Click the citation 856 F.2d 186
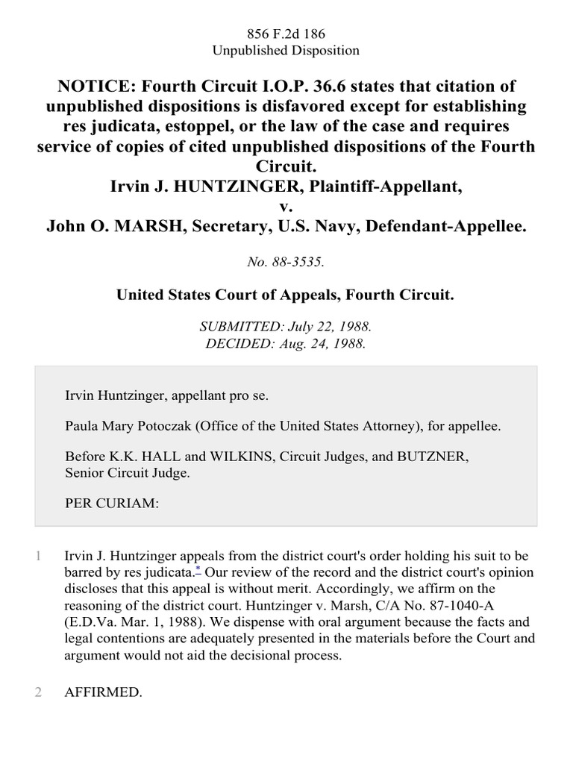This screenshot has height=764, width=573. click(x=286, y=34)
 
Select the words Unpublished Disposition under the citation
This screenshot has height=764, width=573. click(x=286, y=51)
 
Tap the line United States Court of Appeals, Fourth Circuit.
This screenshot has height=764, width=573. click(x=286, y=295)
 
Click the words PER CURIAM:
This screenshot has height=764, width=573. click(x=112, y=504)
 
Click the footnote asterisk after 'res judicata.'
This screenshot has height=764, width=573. click(x=198, y=570)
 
